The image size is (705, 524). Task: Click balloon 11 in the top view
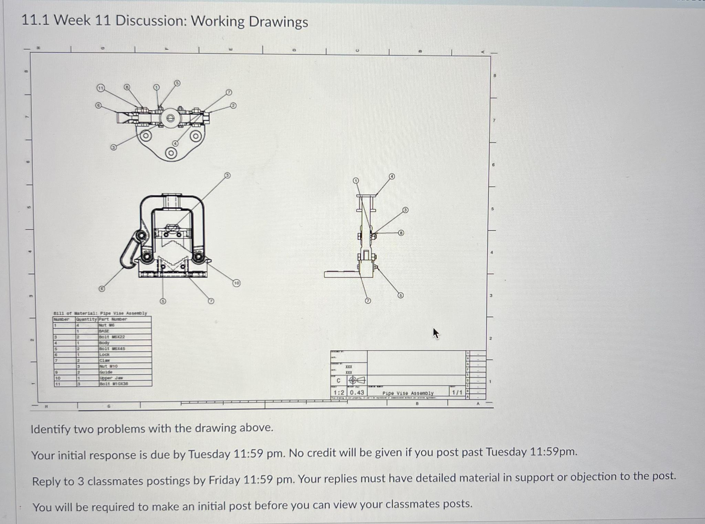tap(100, 88)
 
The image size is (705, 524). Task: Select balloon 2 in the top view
tap(233, 106)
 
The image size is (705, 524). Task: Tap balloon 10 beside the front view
tap(236, 283)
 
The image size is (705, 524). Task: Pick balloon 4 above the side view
tap(392, 177)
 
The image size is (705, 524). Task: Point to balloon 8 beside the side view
tap(401, 233)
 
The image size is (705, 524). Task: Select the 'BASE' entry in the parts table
tap(104, 331)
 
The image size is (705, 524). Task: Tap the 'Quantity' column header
tap(87, 319)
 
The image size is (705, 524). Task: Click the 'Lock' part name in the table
tap(104, 354)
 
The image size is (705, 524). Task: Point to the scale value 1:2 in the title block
tap(339, 392)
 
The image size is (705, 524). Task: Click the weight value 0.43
tap(357, 392)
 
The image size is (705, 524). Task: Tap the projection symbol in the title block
tap(357, 380)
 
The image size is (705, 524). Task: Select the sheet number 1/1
tap(457, 392)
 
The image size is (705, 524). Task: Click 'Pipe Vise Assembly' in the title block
tap(408, 393)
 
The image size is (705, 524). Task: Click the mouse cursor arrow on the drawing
tap(436, 333)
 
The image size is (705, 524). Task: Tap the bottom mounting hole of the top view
tap(171, 153)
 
